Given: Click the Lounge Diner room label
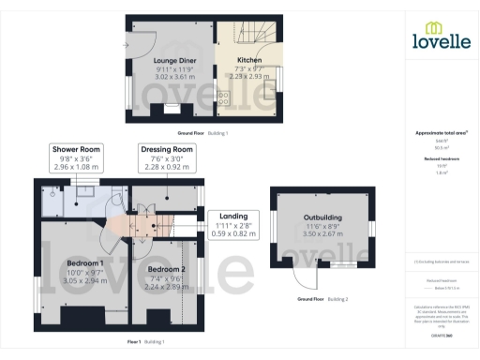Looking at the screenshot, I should tap(173, 61).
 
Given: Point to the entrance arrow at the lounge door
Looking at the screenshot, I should tap(126, 43).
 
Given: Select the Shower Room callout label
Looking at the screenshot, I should tap(77, 150).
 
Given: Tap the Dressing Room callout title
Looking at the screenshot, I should tap(167, 150).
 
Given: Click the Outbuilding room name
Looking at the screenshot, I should tap(322, 218).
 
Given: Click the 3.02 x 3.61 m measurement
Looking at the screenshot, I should tap(173, 77).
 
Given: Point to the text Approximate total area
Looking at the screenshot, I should tap(441, 133).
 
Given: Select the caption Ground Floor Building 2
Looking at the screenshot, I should tap(322, 299).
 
